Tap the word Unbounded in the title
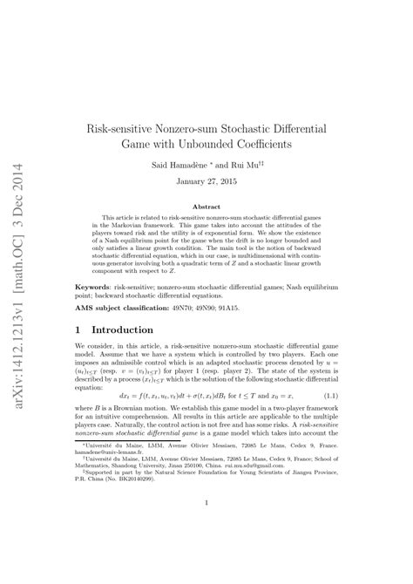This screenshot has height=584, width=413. point(192,143)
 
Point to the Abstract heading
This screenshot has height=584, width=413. point(206,207)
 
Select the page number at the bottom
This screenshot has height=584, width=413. point(206,526)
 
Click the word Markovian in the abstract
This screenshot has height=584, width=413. point(113,226)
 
